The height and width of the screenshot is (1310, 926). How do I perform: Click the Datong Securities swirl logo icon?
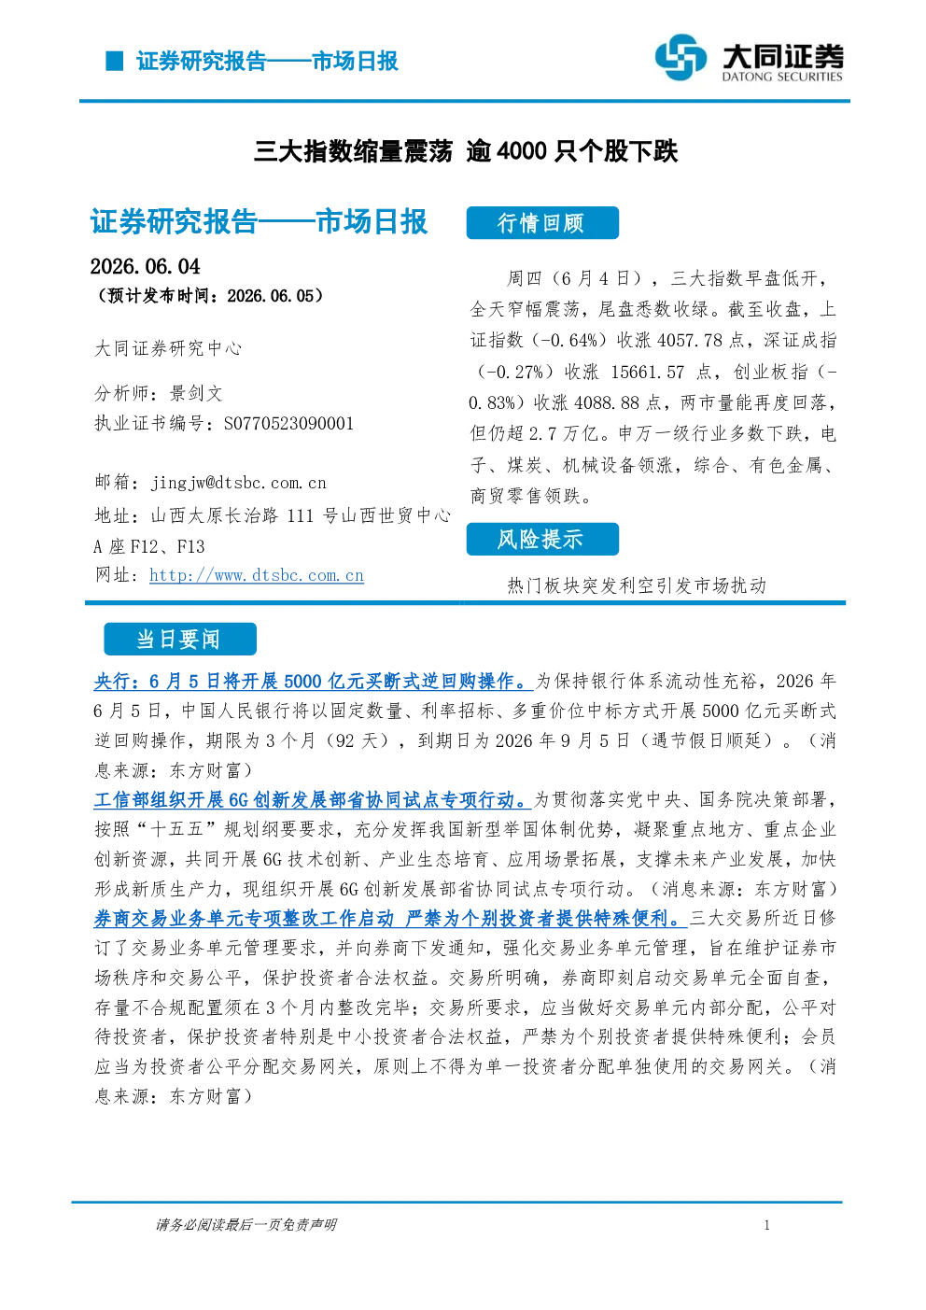tap(680, 57)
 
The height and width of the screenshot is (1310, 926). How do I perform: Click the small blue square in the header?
tap(114, 61)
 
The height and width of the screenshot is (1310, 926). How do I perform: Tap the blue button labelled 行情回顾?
tap(542, 223)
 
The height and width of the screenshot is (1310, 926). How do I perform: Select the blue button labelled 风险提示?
tap(542, 539)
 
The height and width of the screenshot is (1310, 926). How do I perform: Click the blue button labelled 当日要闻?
tap(180, 639)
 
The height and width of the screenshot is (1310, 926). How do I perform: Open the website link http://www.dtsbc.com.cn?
tap(257, 575)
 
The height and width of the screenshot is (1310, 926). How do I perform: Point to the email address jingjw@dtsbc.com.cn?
tap(239, 483)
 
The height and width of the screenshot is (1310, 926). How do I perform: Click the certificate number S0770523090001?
tap(288, 423)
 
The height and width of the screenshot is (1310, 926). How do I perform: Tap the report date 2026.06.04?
tap(145, 267)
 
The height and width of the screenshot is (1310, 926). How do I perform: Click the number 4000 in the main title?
tap(522, 151)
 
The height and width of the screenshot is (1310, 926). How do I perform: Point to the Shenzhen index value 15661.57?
tap(648, 372)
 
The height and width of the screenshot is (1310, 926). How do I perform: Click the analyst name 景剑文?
tap(196, 393)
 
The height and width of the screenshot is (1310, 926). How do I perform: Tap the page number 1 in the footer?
tap(767, 1225)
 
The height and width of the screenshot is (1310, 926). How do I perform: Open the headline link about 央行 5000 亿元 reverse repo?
tap(313, 682)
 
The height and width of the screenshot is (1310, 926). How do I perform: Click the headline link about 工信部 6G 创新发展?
tap(312, 800)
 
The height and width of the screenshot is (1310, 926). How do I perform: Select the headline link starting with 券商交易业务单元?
tap(390, 919)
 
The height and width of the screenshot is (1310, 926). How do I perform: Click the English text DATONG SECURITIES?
tap(782, 77)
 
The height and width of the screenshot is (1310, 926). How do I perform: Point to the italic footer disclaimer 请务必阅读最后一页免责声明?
tap(246, 1225)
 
